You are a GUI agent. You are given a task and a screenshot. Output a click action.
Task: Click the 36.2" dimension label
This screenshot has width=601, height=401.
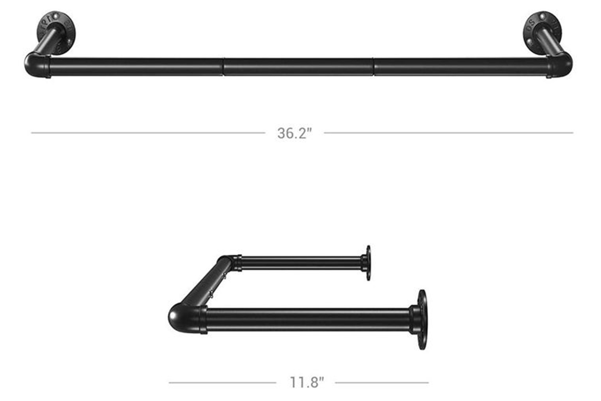coord(294,133)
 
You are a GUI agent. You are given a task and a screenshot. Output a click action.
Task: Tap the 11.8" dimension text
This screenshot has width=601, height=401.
coord(307,383)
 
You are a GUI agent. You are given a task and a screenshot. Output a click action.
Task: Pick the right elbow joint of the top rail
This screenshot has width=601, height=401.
coord(560,65)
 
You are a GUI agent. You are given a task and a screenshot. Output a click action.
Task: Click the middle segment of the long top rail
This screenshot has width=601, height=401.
coord(298,67)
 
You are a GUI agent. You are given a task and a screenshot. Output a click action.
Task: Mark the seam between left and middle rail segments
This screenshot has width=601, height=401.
coord(223,67)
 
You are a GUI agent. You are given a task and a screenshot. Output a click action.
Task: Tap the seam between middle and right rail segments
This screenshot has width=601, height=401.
coord(373,67)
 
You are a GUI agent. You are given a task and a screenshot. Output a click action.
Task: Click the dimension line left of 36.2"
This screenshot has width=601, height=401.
coord(148,133)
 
